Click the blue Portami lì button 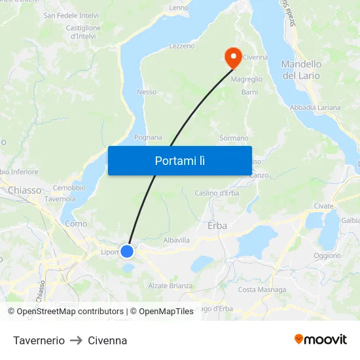(x=179, y=160)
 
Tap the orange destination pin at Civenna (x=232, y=56)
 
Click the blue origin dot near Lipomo (x=127, y=251)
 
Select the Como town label (x=76, y=223)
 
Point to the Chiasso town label (x=24, y=190)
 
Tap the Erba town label (x=217, y=225)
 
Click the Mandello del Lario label (x=301, y=69)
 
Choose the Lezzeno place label (x=182, y=46)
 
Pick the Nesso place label (x=147, y=92)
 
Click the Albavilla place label (x=176, y=240)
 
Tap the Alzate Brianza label (x=170, y=285)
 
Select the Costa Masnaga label (x=262, y=289)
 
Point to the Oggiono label (x=327, y=256)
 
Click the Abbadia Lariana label (x=315, y=107)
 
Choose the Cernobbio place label (x=69, y=188)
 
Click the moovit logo (x=321, y=339)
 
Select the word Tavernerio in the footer (x=39, y=340)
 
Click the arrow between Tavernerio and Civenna (x=76, y=340)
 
